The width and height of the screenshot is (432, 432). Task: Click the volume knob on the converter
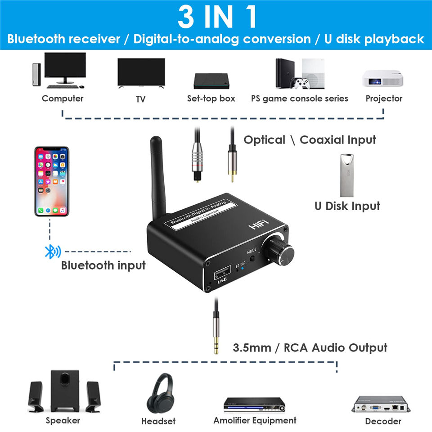click(x=282, y=252)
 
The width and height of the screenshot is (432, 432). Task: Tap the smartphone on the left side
click(x=52, y=181)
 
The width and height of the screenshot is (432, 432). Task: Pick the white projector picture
click(x=383, y=78)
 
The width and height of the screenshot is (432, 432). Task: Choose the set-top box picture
click(x=211, y=80)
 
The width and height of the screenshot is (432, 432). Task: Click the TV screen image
click(x=141, y=72)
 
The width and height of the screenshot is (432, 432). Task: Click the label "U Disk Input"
click(x=347, y=206)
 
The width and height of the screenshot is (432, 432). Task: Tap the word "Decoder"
click(x=383, y=421)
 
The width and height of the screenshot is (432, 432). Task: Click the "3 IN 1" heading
click(x=216, y=18)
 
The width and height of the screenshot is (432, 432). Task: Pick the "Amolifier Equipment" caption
click(x=255, y=420)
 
